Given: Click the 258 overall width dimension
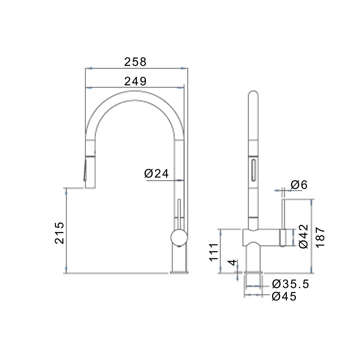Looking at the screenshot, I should click(135, 62).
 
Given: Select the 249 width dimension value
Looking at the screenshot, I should click(135, 81).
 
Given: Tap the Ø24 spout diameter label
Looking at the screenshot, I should click(156, 174).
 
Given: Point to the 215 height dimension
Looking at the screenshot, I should click(59, 233).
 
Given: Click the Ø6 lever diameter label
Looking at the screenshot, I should click(299, 185).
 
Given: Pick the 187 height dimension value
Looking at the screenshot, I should click(320, 237).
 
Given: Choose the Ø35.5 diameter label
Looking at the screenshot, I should click(290, 284).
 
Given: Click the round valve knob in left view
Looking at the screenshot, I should click(179, 238).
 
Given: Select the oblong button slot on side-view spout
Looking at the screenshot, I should click(254, 170).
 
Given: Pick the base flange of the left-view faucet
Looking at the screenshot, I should click(179, 272).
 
